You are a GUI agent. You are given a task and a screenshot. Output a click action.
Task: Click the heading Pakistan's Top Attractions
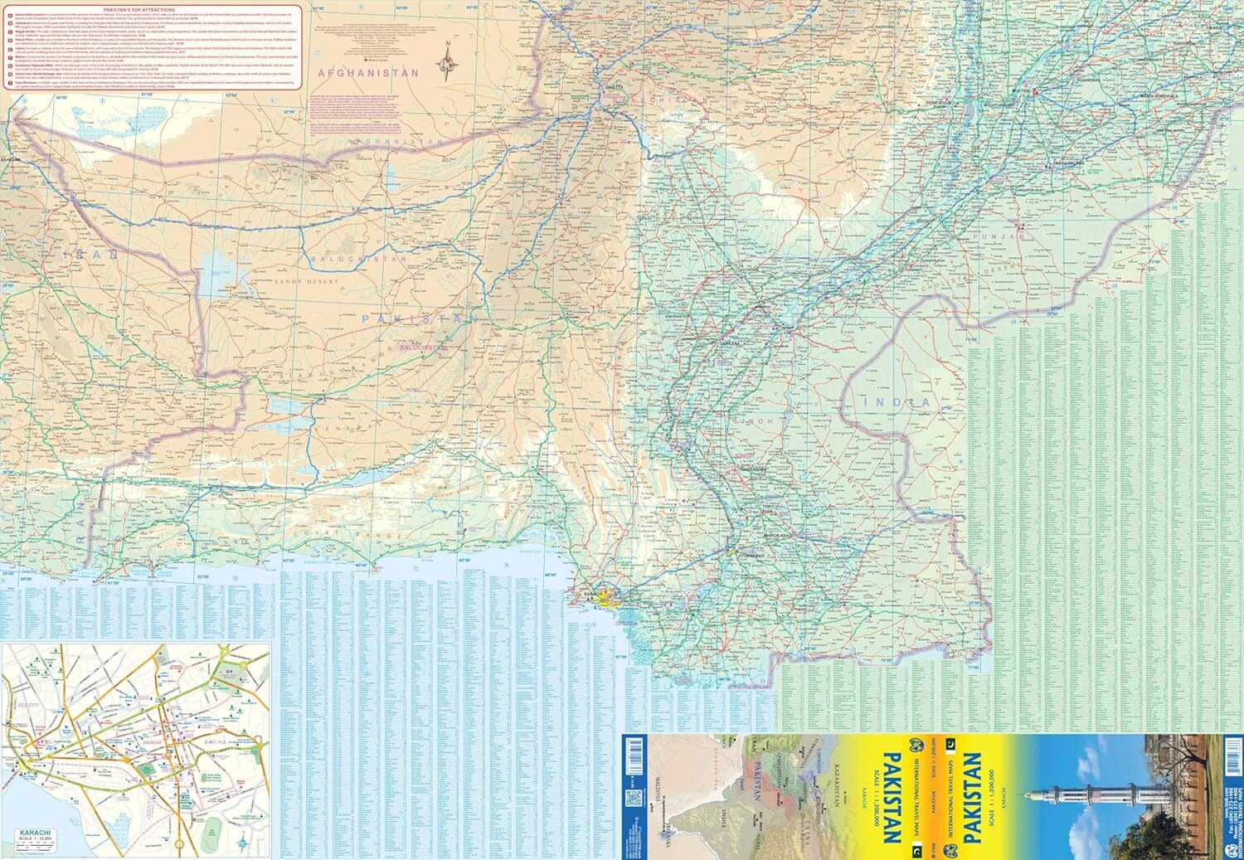click(145, 9)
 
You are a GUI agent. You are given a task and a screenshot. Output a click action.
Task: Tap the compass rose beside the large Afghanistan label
click(449, 61)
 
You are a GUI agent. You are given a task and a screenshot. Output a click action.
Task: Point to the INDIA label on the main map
click(897, 402)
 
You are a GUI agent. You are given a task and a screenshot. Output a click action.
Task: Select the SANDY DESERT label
click(306, 283)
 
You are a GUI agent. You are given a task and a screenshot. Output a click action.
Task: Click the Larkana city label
click(730, 342)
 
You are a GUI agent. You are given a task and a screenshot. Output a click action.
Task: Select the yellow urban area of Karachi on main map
click(610, 596)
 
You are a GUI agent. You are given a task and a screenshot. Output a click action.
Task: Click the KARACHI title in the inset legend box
click(32, 832)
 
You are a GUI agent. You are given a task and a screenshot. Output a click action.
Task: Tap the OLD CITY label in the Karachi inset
click(28, 704)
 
